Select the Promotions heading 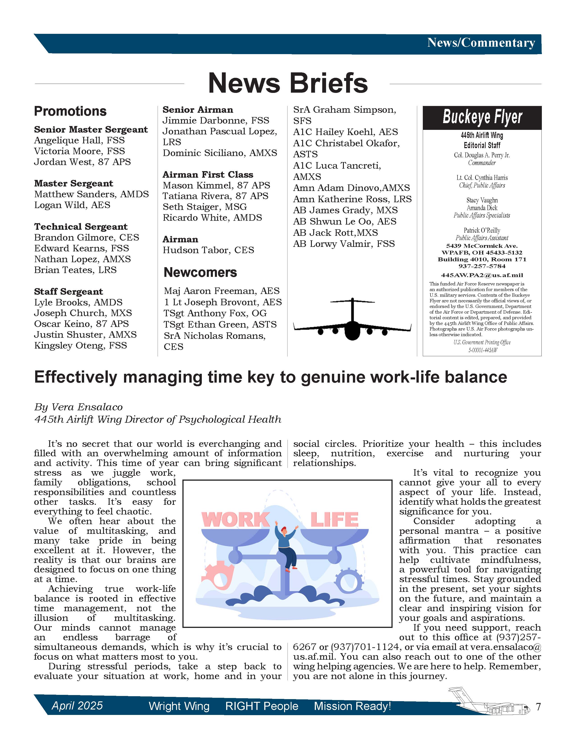coord(70,111)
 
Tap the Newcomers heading coord(200,272)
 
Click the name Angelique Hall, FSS coord(79,140)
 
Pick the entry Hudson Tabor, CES coord(208,250)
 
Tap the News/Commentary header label coord(481,43)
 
